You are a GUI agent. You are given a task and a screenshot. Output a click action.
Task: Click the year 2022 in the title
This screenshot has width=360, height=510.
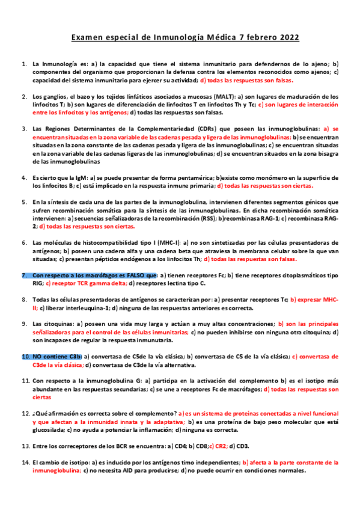[x=286, y=38]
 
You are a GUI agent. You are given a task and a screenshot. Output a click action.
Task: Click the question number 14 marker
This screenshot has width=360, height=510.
[x=25, y=462]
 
